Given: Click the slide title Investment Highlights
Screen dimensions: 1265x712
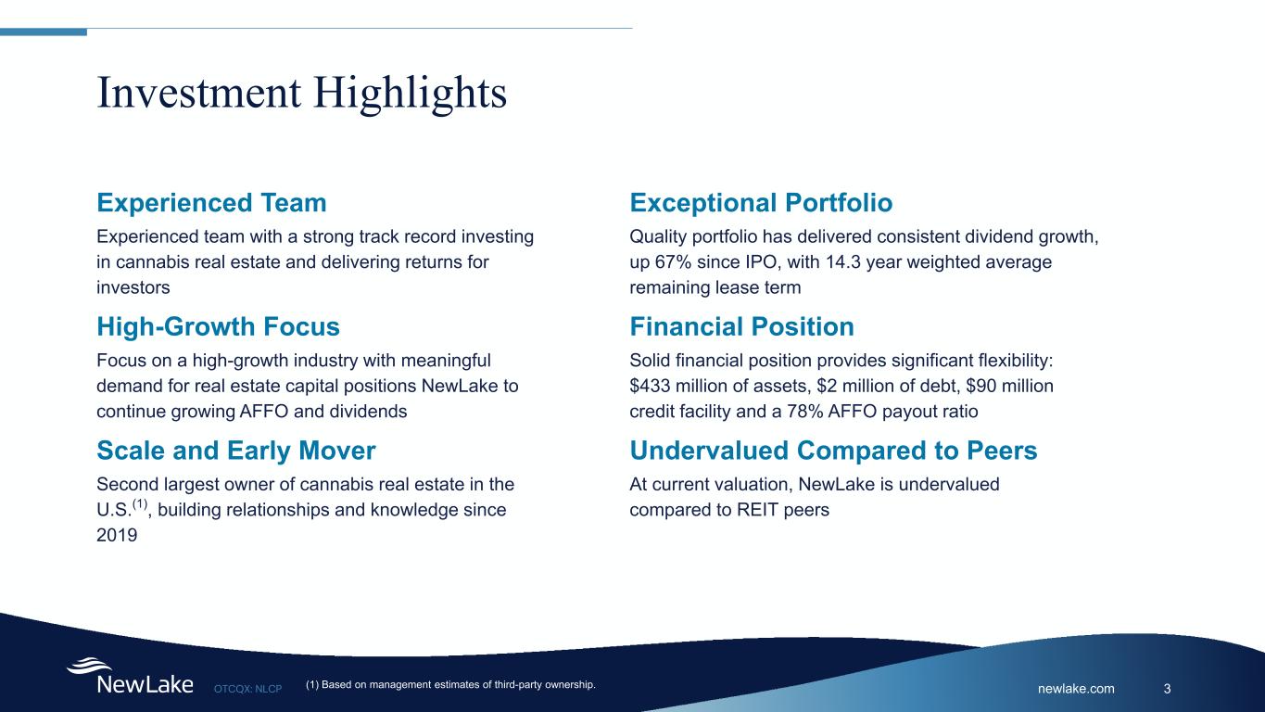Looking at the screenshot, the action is pyautogui.click(x=301, y=93).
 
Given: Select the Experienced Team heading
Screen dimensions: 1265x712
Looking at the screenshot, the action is pyautogui.click(x=212, y=203).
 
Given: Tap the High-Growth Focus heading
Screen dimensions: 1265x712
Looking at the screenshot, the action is pyautogui.click(x=218, y=326).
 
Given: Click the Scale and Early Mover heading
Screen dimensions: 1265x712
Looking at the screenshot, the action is pyautogui.click(x=236, y=451).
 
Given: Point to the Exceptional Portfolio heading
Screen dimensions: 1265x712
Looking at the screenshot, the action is pyautogui.click(x=761, y=203).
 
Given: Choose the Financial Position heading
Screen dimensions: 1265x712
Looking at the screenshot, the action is pyautogui.click(x=742, y=326).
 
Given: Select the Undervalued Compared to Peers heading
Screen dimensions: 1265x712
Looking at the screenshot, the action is pyautogui.click(x=833, y=451).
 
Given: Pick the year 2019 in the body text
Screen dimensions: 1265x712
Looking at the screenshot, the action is pyautogui.click(x=117, y=535).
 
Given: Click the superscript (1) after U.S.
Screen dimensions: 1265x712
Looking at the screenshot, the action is pyautogui.click(x=140, y=503).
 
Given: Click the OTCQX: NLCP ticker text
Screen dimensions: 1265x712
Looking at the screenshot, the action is pyautogui.click(x=248, y=689).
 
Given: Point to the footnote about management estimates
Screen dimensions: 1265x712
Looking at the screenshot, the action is pyautogui.click(x=450, y=685).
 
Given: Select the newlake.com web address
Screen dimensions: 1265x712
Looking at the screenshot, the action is pyautogui.click(x=1076, y=689).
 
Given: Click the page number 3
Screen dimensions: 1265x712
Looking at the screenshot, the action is pyautogui.click(x=1168, y=689).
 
